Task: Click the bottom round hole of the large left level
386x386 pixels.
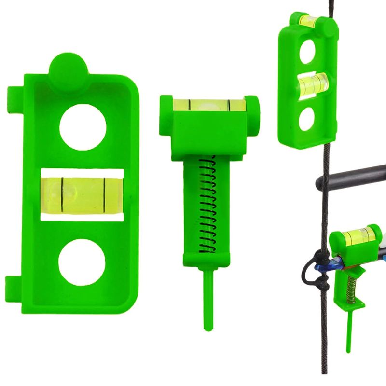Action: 82,262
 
